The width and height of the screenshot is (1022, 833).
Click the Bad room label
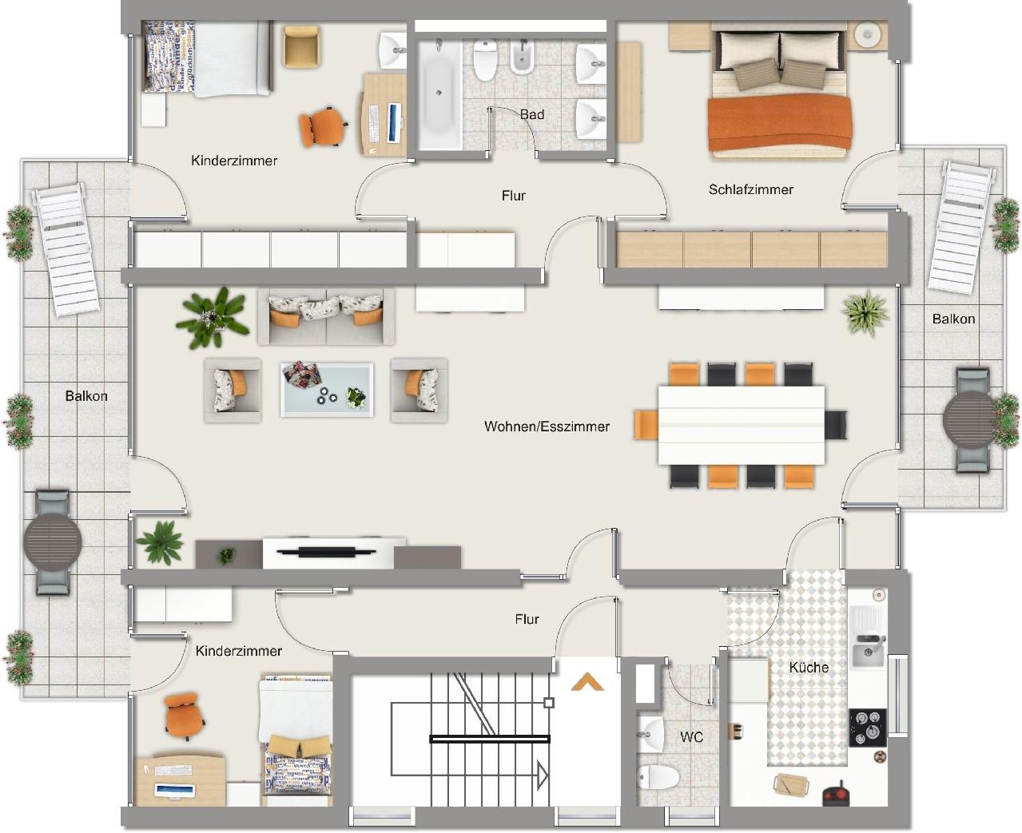pyautogui.click(x=531, y=115)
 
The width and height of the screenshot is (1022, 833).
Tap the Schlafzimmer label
pyautogui.click(x=750, y=189)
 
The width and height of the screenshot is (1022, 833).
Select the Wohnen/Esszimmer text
pyautogui.click(x=547, y=426)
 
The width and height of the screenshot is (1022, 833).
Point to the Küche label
pyautogui.click(x=809, y=668)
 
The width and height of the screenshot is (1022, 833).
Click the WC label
pyautogui.click(x=691, y=737)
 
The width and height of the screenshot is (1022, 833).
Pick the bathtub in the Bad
pyautogui.click(x=439, y=94)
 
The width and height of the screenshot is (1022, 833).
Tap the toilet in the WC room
pyautogui.click(x=658, y=778)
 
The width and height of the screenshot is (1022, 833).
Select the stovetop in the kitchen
pyautogui.click(x=868, y=728)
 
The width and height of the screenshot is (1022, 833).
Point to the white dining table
pyautogui.click(x=742, y=425)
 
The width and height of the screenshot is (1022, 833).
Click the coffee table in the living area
pyautogui.click(x=327, y=390)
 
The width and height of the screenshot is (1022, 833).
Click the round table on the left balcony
pyautogui.click(x=52, y=542)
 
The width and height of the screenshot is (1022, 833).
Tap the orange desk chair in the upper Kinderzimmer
pyautogui.click(x=322, y=127)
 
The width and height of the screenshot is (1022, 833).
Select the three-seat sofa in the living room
pyautogui.click(x=327, y=317)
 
